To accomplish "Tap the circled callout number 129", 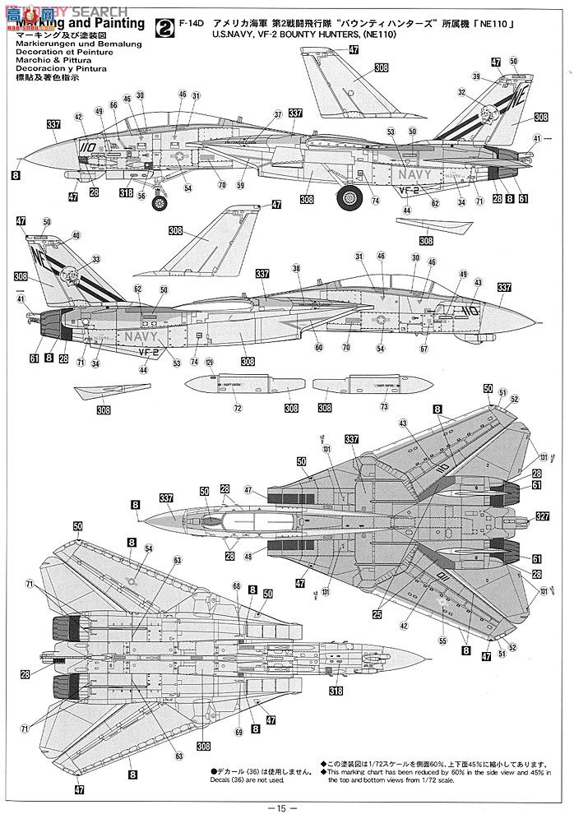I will [209, 363].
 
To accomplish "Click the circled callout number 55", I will [443, 641].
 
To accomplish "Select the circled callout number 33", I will [97, 259].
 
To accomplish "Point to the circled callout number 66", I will [113, 107].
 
